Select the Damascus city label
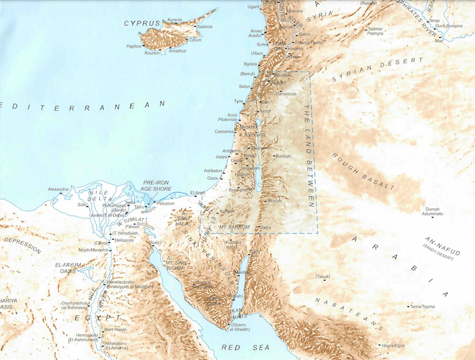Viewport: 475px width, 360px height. [286, 94]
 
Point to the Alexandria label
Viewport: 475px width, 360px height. [58, 190]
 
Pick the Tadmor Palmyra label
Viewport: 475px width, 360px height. [375, 31]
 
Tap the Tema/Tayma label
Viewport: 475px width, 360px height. [423, 307]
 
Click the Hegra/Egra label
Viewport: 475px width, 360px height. [390, 346]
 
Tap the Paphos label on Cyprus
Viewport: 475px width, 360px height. [133, 46]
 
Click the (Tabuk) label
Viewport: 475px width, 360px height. [322, 276]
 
